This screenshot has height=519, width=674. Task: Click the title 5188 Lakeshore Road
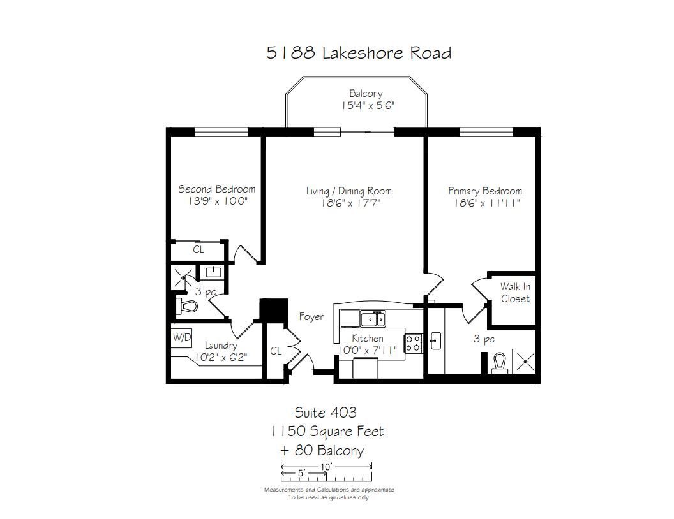[x=359, y=53]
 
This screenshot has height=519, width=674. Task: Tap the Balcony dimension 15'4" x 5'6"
[x=368, y=106]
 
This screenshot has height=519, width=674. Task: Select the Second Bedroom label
[x=216, y=189]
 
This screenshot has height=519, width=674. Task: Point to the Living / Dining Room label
[x=349, y=191]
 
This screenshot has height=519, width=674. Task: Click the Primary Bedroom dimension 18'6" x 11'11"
[x=487, y=203]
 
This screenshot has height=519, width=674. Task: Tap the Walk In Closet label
[x=515, y=293]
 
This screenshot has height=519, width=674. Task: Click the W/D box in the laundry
[x=181, y=337]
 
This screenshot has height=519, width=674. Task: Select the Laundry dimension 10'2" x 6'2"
[x=221, y=357]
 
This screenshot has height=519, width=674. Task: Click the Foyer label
[x=311, y=317]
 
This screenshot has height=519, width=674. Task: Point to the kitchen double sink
[x=373, y=319]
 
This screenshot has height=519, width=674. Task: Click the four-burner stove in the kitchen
[x=413, y=343]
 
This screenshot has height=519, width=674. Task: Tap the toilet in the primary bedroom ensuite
[x=499, y=362]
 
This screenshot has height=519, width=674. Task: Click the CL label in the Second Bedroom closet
[x=198, y=250]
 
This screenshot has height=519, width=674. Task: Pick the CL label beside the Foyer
[x=276, y=351]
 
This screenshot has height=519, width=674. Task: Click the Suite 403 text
[x=326, y=413]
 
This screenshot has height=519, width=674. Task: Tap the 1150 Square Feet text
[x=327, y=432]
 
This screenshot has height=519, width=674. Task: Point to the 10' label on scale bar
[x=326, y=467]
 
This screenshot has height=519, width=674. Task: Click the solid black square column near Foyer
[x=274, y=309]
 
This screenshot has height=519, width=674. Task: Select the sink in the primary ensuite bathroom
[x=435, y=341]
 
